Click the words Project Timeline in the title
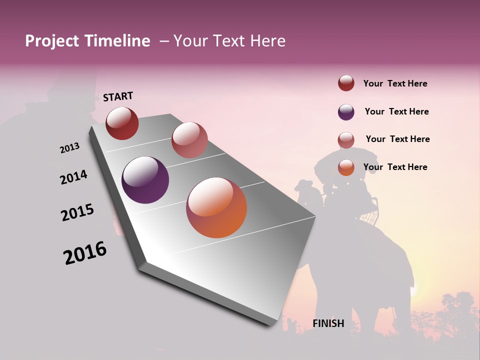pos(87,41)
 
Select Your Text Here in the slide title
pos(229,41)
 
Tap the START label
pos(118,96)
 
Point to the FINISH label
pos(328,323)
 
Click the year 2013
pos(69,148)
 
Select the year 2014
pos(73,177)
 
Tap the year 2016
pos(85,253)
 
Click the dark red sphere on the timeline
pos(122,123)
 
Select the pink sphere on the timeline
pos(189,140)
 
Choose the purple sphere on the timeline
pos(145,180)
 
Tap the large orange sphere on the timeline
pos(216,207)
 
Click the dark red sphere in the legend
pos(346,83)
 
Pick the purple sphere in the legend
pos(346,112)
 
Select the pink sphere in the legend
pos(346,140)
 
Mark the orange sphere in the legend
pos(346,167)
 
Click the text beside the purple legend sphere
pos(396,111)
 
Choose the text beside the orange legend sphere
pos(395,167)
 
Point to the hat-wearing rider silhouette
pos(304,192)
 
